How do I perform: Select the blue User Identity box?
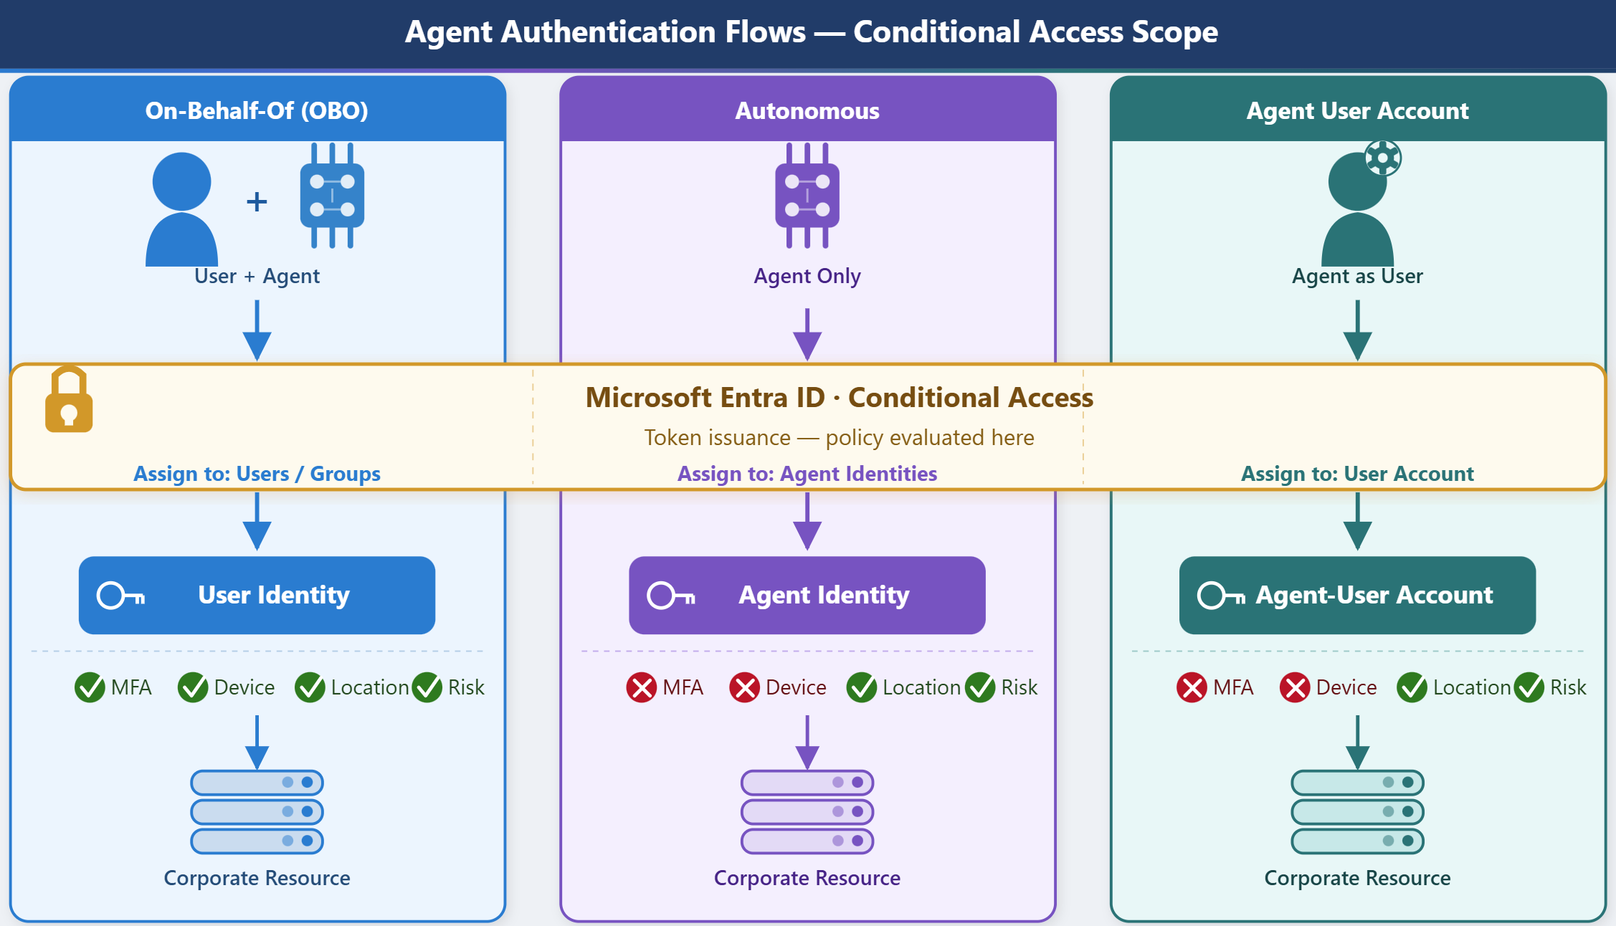(257, 595)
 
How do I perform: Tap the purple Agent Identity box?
(807, 595)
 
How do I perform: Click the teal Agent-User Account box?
(1357, 595)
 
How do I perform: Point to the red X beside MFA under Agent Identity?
(642, 687)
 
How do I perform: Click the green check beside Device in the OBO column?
(193, 687)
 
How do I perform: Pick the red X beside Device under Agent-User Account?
(1295, 687)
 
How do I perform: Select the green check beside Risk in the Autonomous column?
(980, 687)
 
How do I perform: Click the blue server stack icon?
(257, 812)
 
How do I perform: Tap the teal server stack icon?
(1357, 812)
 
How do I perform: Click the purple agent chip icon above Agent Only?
(807, 196)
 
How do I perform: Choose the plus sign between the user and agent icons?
(257, 201)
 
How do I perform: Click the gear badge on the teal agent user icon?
(1383, 158)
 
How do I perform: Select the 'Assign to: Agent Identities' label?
(807, 474)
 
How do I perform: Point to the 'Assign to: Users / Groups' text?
(257, 474)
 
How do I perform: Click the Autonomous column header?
(807, 110)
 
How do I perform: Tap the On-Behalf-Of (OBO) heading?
(257, 110)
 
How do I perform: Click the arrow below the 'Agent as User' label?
(1357, 330)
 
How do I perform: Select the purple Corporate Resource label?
(807, 878)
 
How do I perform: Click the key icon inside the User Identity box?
(121, 596)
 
